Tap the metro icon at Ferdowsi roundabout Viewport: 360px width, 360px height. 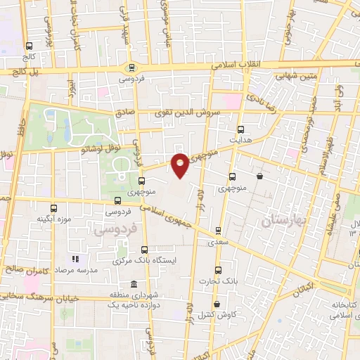click(130, 67)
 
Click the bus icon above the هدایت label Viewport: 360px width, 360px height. click(241, 129)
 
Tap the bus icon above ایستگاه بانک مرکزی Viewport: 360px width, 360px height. click(145, 249)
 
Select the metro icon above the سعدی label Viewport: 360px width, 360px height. click(219, 230)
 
